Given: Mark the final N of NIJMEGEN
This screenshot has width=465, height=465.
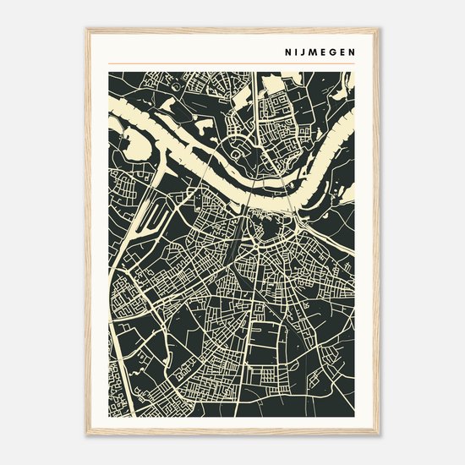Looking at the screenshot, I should point(349,50).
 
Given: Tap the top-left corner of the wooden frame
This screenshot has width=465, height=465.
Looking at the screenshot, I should point(86,29).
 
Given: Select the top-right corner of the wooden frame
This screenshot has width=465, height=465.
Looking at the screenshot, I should point(379,29).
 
